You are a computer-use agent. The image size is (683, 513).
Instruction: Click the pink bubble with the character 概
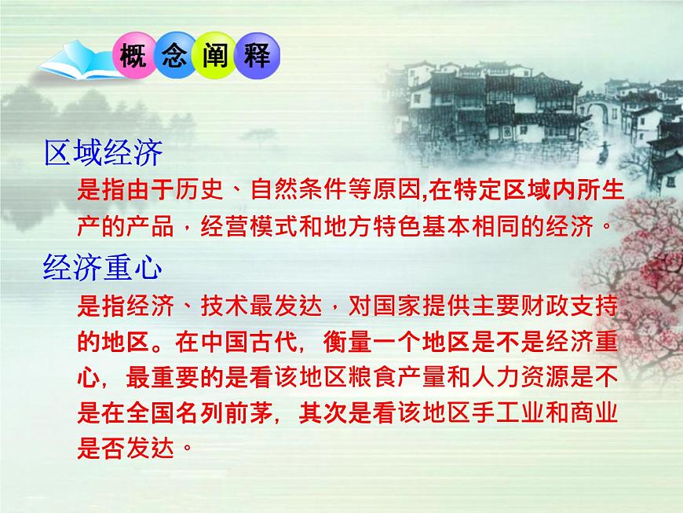point(134,57)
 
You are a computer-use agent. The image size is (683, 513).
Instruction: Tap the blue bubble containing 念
point(173,57)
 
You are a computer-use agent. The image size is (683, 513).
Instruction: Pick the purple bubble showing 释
point(256,57)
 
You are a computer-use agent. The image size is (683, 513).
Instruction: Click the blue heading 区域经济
point(103,153)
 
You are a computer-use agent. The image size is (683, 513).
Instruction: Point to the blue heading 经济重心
point(103,269)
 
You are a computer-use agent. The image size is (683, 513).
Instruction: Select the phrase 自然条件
point(283,190)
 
